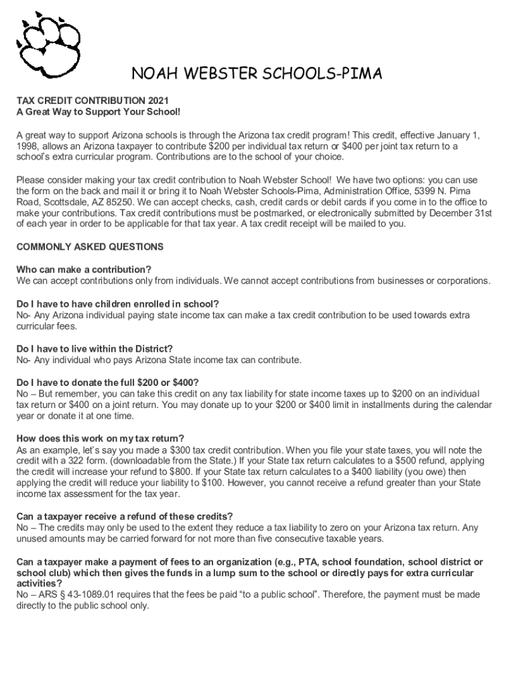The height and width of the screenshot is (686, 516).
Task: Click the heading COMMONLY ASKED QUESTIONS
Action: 90,247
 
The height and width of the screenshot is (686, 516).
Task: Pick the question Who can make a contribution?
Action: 84,269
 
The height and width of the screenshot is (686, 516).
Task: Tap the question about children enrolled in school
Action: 118,303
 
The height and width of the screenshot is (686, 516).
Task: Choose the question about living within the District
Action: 94,348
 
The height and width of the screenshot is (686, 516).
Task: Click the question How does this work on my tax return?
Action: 100,438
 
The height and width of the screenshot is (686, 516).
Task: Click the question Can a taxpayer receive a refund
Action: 125,517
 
